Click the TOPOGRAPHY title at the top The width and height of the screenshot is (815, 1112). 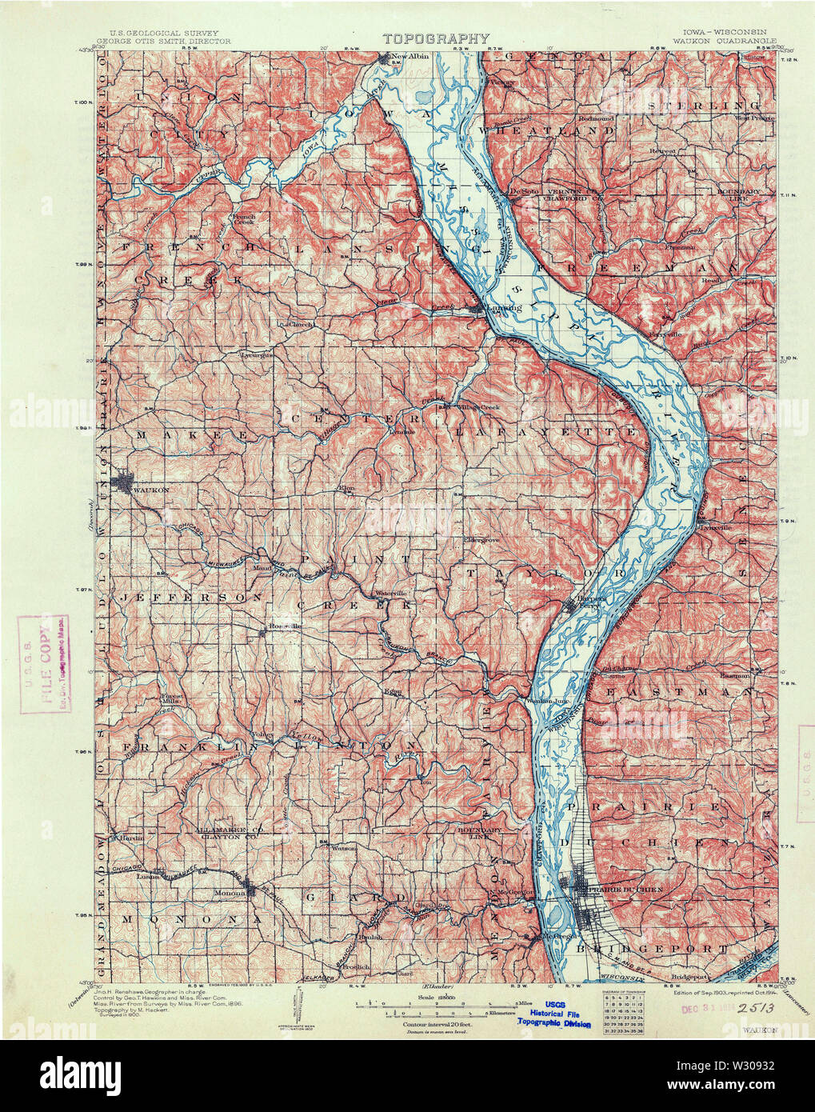tap(436, 38)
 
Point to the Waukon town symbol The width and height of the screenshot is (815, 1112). tap(126, 482)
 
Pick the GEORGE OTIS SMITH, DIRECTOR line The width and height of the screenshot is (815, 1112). tap(163, 40)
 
